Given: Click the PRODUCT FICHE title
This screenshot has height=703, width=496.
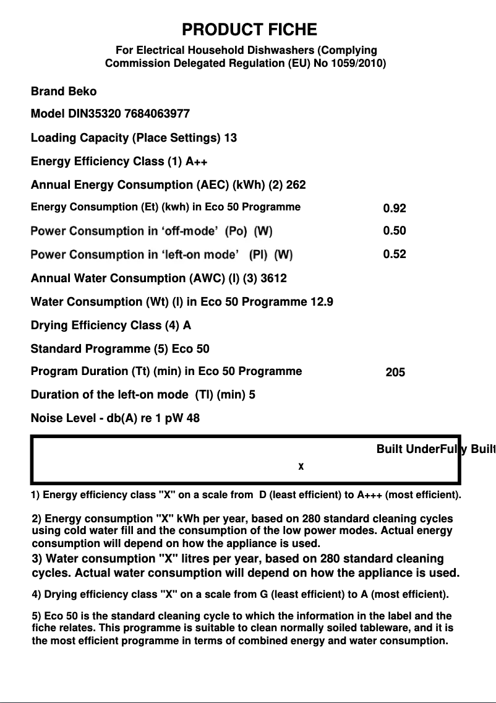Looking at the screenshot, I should click(249, 30).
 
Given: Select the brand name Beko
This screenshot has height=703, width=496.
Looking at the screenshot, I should click(82, 92).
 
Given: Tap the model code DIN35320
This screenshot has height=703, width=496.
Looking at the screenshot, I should click(94, 114).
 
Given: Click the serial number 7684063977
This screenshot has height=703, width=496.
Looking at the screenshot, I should click(157, 114).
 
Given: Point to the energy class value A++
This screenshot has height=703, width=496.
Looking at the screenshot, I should click(197, 162).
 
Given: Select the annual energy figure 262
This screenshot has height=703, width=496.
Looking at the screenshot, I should click(296, 185).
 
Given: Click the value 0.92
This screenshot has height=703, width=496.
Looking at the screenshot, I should click(395, 209).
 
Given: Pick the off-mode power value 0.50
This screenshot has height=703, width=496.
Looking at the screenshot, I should click(395, 231).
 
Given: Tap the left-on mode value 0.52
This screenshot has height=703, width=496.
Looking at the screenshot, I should click(395, 254).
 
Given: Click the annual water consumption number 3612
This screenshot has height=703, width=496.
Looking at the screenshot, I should click(273, 278).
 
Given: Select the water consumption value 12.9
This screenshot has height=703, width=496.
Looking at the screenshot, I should click(321, 302).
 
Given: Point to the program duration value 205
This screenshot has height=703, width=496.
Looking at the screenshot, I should click(395, 372).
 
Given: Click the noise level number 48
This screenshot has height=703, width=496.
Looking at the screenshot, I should click(193, 418).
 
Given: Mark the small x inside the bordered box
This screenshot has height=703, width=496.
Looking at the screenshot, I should click(301, 466).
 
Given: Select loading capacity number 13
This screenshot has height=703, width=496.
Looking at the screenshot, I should click(230, 137).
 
